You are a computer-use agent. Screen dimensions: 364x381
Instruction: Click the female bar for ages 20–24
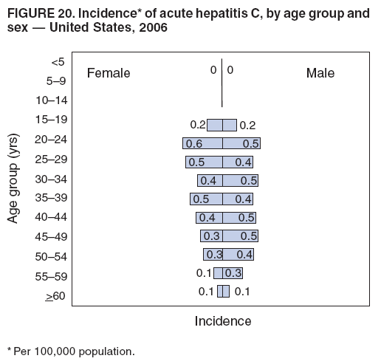coord(202,143)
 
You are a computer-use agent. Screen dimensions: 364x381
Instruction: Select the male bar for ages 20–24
coord(241,143)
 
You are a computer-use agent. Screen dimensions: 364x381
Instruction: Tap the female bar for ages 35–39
coord(206,199)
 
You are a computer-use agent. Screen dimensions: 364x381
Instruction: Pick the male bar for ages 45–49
coord(240,236)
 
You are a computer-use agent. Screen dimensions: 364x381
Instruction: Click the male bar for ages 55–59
coord(232,272)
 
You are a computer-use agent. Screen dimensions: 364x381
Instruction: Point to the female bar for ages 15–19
coord(214,125)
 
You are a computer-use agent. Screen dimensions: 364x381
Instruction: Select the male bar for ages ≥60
coord(226,291)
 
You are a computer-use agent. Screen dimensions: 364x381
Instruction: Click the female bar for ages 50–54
coord(213,254)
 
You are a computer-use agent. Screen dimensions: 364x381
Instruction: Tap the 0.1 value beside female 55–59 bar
coord(204,273)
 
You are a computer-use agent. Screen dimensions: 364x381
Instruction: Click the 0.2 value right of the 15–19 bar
coord(247,126)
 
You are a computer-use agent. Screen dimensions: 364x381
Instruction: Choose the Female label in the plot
coord(109,73)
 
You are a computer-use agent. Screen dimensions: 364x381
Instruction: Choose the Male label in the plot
coord(320,73)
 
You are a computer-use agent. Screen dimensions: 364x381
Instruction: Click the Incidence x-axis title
coord(222,321)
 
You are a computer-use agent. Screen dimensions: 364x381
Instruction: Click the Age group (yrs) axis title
coord(13,179)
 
